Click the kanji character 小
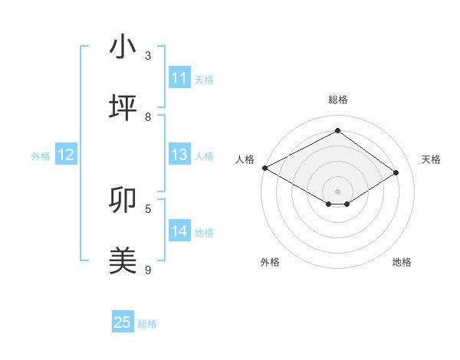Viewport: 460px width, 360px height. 123,47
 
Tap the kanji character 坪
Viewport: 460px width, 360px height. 123,107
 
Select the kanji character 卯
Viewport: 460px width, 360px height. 123,200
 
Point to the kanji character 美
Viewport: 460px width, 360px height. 123,260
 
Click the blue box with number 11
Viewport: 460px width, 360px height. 179,78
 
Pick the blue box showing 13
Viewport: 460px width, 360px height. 179,155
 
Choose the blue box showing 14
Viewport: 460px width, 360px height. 179,231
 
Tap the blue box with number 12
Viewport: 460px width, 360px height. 66,155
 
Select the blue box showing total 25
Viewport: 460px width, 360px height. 123,322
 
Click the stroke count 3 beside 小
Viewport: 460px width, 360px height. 148,56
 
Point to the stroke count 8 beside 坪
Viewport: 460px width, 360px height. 148,116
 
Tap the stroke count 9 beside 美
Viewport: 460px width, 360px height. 148,270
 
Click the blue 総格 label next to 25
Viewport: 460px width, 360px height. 147,324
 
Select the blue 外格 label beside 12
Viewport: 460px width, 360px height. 41,156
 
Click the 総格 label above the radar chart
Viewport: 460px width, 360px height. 337,100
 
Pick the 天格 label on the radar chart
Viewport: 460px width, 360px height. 431,159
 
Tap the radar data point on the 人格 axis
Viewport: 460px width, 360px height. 264,168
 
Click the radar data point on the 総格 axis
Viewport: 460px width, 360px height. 337,131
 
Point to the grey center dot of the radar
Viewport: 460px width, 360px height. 337,191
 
